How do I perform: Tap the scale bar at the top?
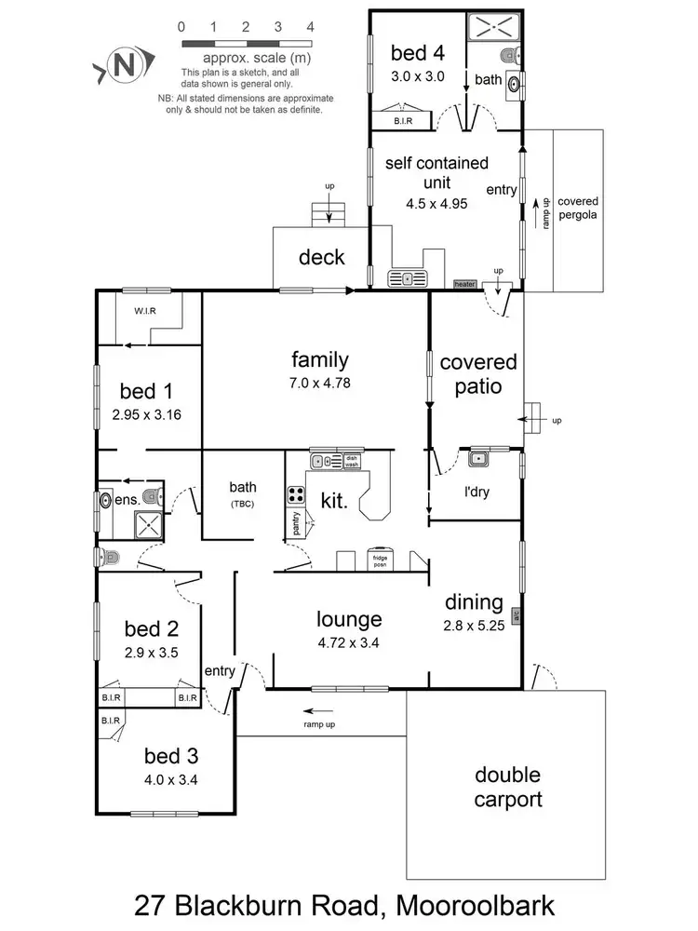[x=246, y=44]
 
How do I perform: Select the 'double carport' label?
[x=507, y=787]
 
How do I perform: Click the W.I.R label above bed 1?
[x=144, y=311]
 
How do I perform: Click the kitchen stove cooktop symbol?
[x=297, y=494]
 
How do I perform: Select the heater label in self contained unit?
[x=463, y=283]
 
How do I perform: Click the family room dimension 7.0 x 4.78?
[x=319, y=382]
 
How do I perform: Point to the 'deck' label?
[x=321, y=258]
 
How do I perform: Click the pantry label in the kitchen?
[x=296, y=523]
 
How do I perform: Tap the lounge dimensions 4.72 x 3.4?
[x=349, y=641]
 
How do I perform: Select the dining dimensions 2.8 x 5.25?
[x=474, y=626]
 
